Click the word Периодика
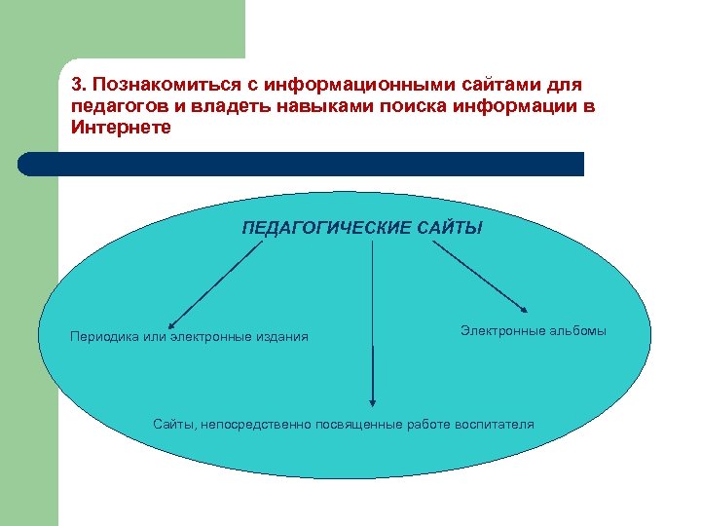point(102,337)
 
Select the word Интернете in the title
point(121,127)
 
